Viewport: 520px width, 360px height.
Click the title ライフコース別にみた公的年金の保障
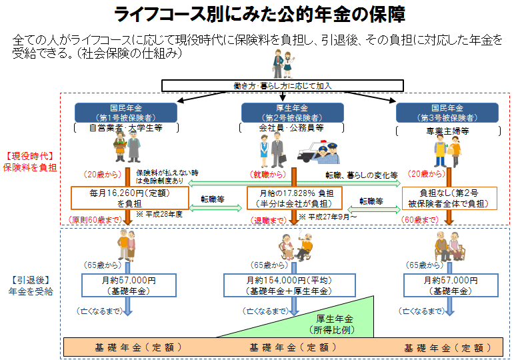(259, 15)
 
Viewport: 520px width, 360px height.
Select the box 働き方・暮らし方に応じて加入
(283, 85)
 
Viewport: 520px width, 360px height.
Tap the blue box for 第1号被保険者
(126, 112)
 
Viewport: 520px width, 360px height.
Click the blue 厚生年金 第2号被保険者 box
(291, 112)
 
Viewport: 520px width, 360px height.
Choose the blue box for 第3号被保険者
(447, 112)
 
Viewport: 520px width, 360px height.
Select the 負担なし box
(449, 198)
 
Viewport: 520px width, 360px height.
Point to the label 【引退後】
(27, 279)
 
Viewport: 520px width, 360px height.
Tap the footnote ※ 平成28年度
(158, 215)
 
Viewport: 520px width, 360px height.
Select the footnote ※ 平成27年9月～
(329, 217)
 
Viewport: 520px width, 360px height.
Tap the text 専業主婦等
(447, 131)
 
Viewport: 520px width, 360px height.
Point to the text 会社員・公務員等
(291, 127)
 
